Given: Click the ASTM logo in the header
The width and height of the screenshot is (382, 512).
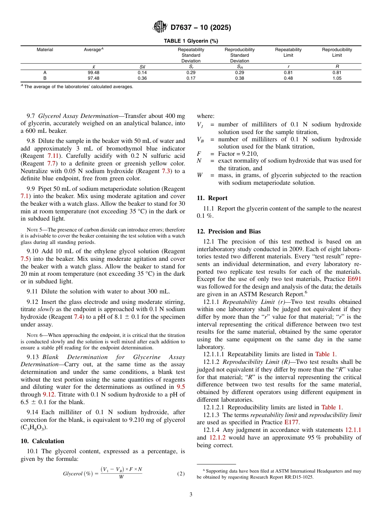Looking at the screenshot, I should (x=160, y=27).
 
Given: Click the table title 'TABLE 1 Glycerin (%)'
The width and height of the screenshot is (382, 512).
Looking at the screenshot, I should (x=191, y=41).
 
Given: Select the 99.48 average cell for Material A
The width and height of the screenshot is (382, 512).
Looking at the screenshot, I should (x=93, y=73).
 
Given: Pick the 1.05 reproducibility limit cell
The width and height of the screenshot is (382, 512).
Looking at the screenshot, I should (x=337, y=78).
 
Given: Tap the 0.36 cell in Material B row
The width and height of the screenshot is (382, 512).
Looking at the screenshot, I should (x=142, y=78).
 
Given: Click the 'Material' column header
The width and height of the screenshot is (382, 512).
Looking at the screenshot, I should (x=45, y=50).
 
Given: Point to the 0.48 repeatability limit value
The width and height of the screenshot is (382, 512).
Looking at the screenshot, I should (x=288, y=78).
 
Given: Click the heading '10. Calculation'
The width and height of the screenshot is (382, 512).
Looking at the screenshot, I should (x=42, y=441).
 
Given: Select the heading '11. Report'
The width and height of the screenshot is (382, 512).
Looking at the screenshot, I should (x=212, y=198).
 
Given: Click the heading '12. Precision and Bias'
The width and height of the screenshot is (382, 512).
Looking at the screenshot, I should (x=228, y=231).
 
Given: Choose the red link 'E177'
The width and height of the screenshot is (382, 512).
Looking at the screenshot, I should (x=291, y=422).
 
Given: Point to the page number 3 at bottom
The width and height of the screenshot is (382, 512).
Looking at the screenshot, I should (x=191, y=495).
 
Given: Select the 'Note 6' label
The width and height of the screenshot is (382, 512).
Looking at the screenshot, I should (x=34, y=335).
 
